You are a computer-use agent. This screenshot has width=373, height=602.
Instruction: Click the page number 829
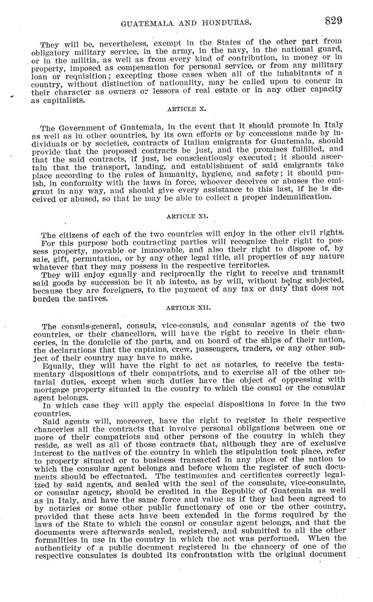333,21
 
